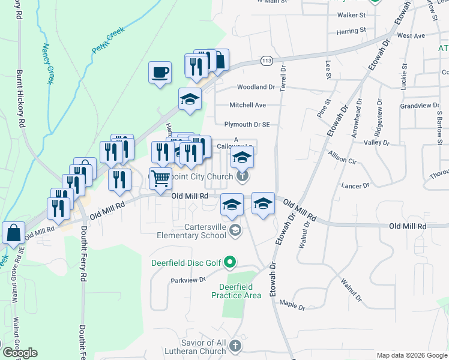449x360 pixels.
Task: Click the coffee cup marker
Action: point(160,73)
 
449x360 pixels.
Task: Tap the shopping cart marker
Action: point(160,178)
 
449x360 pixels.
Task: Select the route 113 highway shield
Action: point(267,60)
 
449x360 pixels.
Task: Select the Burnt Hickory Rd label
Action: point(20,97)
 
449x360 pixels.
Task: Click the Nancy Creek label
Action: point(47,64)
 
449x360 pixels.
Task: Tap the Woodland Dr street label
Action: point(256,87)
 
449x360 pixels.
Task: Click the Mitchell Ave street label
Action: point(247,105)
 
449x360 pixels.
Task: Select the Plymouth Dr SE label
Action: point(247,125)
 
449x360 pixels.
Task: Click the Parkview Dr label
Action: point(188,280)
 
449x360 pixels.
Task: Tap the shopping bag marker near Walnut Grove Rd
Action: point(13,233)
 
